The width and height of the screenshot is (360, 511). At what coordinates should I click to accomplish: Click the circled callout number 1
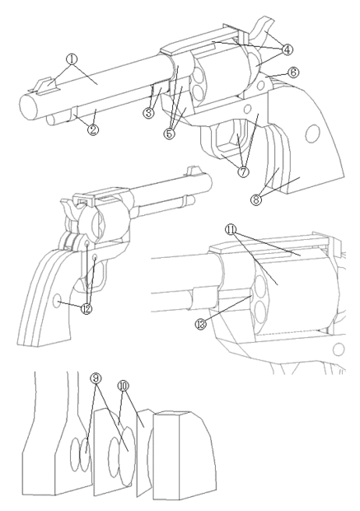click(72, 59)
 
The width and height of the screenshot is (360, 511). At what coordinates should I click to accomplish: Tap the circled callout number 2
click(93, 129)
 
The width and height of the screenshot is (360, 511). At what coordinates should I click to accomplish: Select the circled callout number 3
click(148, 113)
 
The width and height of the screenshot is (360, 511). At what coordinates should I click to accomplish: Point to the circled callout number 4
click(287, 49)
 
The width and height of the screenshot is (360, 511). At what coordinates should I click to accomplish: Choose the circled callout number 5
click(169, 134)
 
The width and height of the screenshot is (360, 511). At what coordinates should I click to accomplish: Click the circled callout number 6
click(293, 73)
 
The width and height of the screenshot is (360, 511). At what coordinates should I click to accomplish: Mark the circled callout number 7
click(243, 171)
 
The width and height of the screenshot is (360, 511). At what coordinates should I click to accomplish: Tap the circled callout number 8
click(256, 199)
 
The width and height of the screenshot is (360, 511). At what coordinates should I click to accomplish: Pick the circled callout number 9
click(96, 378)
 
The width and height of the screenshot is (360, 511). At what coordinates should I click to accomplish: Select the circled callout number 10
click(123, 386)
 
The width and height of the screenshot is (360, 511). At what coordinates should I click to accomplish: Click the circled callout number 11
click(231, 230)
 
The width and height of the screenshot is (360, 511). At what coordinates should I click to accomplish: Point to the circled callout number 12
click(86, 308)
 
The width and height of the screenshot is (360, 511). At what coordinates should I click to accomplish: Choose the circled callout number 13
click(201, 324)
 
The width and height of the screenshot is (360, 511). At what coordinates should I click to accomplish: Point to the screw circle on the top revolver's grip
click(312, 134)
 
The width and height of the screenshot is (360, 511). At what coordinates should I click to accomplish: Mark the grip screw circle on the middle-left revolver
click(57, 300)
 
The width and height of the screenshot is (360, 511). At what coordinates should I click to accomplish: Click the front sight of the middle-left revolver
click(190, 171)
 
